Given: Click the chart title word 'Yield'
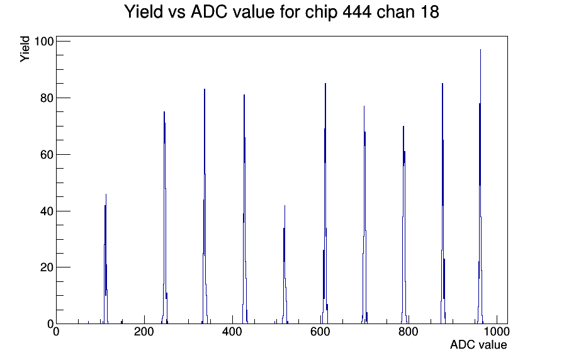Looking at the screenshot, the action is (144, 12).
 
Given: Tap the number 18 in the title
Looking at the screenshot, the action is (429, 12).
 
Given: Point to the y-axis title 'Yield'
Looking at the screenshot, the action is (25, 49).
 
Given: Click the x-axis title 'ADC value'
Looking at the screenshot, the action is (478, 344).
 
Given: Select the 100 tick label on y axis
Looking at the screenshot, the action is (44, 42).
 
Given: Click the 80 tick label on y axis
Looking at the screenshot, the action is (47, 98).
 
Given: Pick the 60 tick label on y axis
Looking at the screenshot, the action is (47, 155).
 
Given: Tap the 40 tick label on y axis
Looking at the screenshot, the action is (47, 211).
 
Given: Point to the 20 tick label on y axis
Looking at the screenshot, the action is (47, 267).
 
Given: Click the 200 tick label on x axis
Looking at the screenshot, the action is (144, 332).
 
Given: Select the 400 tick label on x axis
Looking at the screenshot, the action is (232, 332).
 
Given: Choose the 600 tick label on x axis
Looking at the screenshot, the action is (320, 332).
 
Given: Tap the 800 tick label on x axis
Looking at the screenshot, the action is (409, 332).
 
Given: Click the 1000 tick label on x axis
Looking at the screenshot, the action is (497, 332).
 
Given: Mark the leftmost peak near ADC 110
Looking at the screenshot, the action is (106, 259).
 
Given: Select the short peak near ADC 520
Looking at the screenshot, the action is (285, 264).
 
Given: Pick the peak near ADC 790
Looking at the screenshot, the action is (404, 225).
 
